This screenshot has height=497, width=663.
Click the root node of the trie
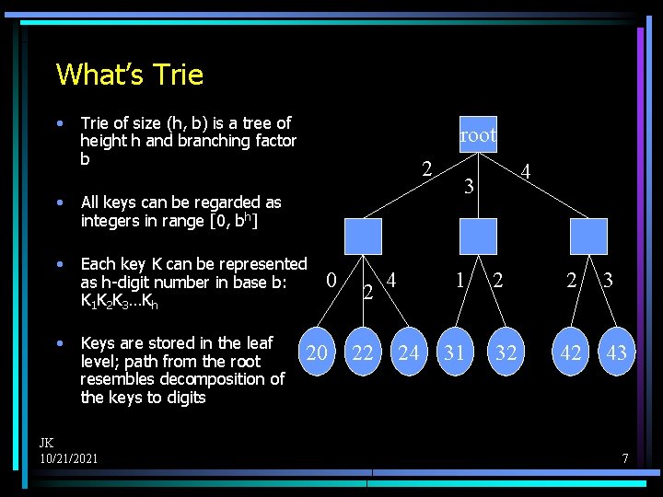478,134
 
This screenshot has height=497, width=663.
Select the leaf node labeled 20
317,352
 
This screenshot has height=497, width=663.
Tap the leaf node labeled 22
363,352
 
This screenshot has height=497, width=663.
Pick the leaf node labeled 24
409,352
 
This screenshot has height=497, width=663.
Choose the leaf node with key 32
506,352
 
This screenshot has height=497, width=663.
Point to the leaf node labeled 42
571,352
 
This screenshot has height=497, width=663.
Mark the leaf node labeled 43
616,352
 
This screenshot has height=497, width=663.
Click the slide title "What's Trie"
130,74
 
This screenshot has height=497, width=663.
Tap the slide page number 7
624,457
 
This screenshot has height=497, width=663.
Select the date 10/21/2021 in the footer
69,457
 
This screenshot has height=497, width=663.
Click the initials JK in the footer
46,443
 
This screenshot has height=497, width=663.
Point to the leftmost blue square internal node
363,236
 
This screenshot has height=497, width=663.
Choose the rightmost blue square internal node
589,236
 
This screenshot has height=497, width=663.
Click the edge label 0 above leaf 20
331,279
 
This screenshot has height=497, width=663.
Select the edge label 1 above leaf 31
459,278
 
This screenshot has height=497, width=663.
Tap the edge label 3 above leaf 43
609,279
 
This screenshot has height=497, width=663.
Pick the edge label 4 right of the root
525,171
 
